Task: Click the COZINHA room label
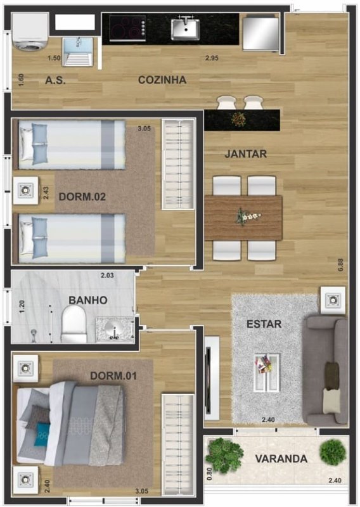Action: (x=162, y=80)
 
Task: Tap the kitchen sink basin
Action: (x=186, y=29)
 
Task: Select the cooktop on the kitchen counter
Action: (x=127, y=28)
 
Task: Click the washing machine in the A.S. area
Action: (x=30, y=32)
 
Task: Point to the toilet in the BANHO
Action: (x=74, y=324)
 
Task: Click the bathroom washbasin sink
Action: (x=115, y=330)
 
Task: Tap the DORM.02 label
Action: (x=82, y=196)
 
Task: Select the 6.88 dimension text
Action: (x=340, y=264)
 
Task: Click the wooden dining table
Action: (x=243, y=217)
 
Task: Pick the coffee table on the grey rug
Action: (x=267, y=372)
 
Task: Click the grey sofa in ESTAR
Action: (x=327, y=371)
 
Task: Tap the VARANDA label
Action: (x=281, y=458)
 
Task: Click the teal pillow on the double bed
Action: (x=42, y=432)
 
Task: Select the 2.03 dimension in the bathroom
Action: (x=107, y=276)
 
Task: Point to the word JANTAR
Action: (x=246, y=154)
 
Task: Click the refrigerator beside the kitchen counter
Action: (x=260, y=34)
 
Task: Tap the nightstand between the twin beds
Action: (x=25, y=191)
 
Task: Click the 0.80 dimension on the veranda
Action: (x=209, y=473)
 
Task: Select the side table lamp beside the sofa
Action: (x=333, y=300)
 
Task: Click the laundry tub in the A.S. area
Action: (x=77, y=52)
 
